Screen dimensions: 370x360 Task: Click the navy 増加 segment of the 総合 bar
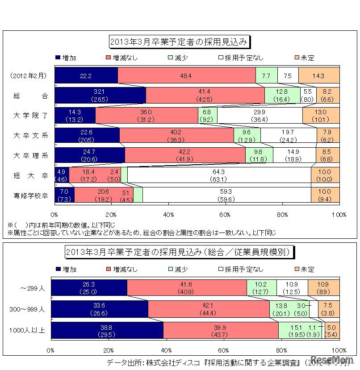tap(100, 95)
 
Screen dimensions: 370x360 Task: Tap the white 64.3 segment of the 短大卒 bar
tap(219, 175)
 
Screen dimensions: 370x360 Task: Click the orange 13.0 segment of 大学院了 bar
tap(321, 115)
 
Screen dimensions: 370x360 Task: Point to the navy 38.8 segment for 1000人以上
tap(107, 331)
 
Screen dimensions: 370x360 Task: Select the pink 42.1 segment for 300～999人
tap(209, 309)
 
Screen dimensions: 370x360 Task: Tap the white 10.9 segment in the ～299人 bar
tap(292, 288)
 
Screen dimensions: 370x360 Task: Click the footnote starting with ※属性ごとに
tap(142, 233)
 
